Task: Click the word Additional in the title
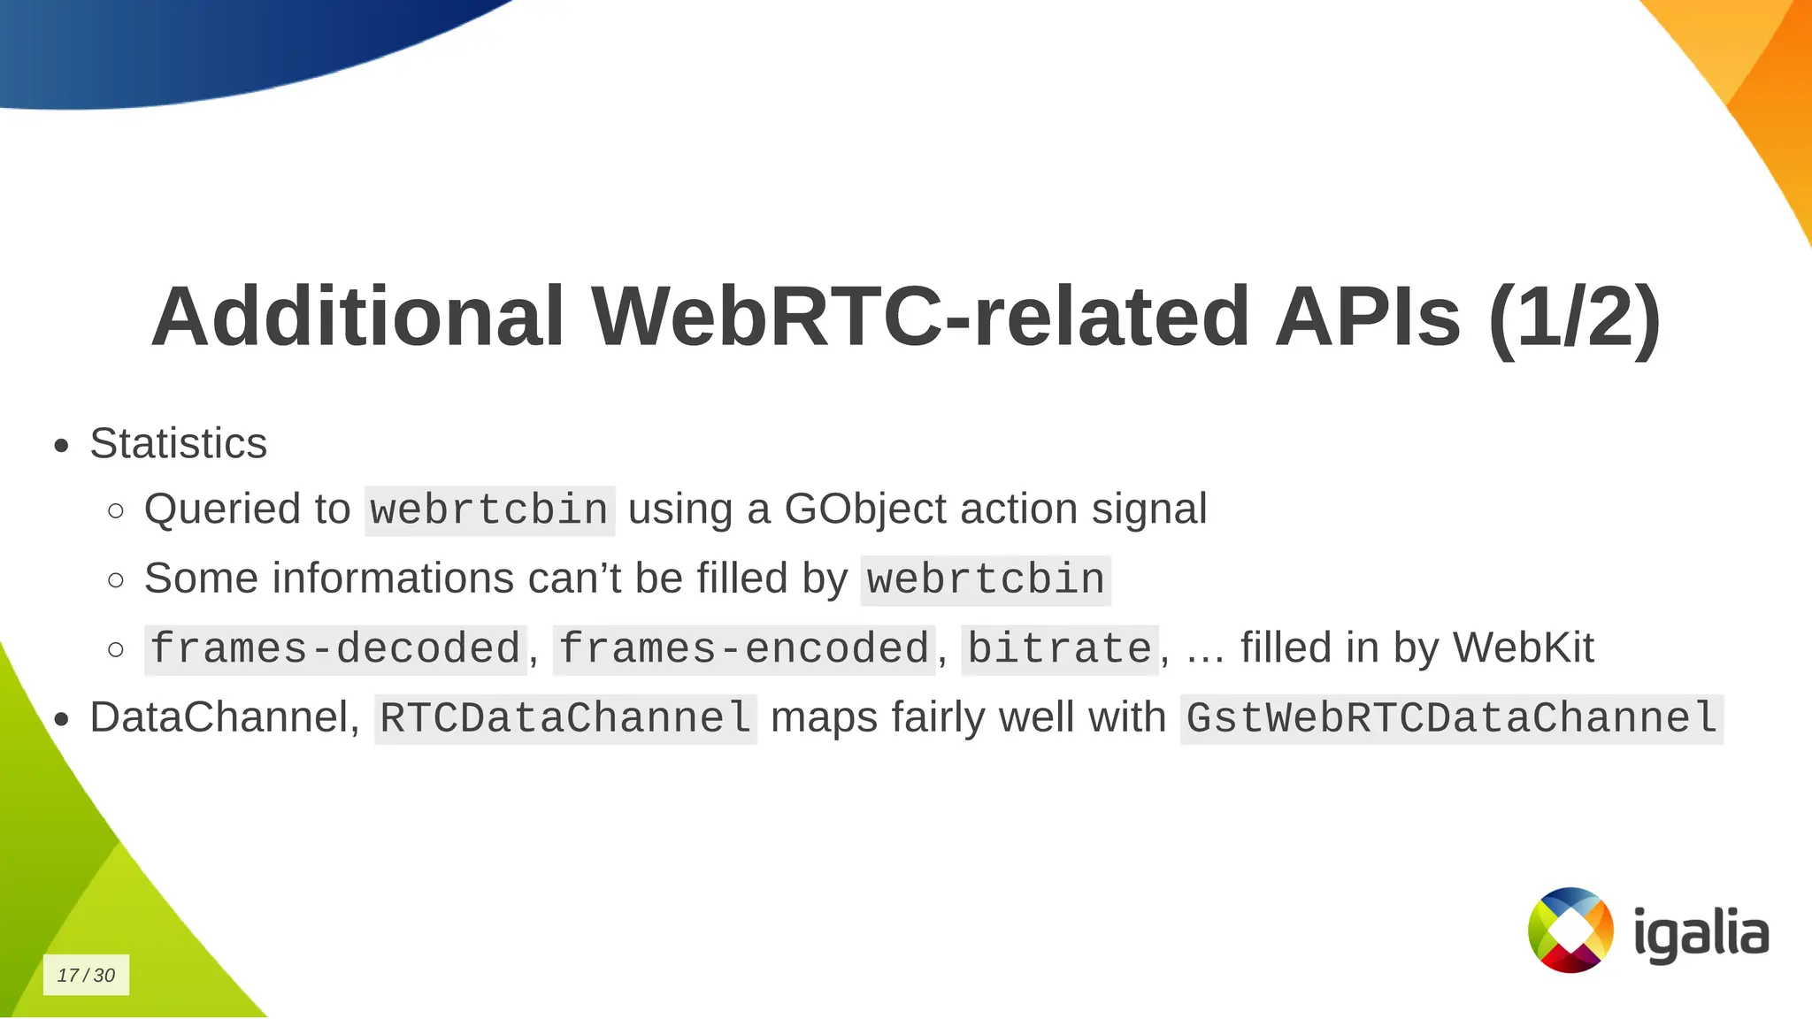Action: tap(357, 317)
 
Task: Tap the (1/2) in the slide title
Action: tap(1574, 317)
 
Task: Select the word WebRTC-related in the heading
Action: tap(920, 317)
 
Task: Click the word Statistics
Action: tap(178, 443)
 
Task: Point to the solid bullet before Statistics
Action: tap(61, 445)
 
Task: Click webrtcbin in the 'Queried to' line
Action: tap(489, 510)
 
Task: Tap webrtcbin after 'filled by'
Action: tap(986, 580)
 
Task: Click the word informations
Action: tap(394, 578)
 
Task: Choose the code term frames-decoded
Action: tap(335, 649)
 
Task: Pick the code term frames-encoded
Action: tap(743, 649)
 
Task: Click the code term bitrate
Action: tap(1059, 649)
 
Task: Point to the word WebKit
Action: tap(1523, 647)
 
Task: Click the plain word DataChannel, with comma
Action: tap(225, 717)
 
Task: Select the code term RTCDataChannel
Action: tap(565, 718)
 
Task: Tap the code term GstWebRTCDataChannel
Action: tap(1451, 718)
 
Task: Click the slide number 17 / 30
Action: tap(86, 975)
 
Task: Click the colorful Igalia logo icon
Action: tap(1570, 930)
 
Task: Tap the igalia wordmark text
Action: tap(1700, 934)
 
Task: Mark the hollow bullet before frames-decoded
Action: tap(116, 649)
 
